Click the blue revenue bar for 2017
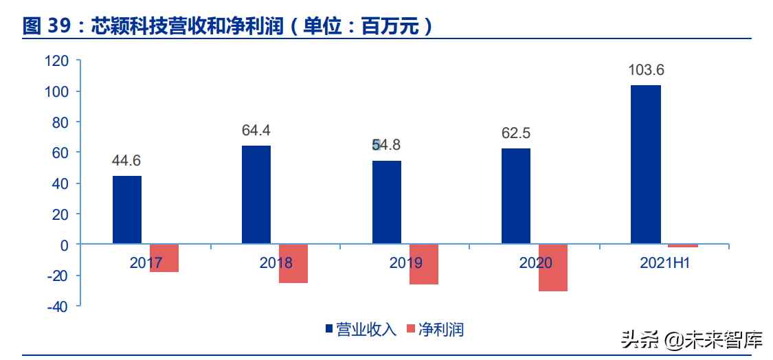[127, 210]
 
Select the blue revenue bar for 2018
[256, 194]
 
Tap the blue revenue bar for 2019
[386, 202]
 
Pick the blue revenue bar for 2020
[516, 196]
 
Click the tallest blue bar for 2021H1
[646, 164]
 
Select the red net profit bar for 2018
[293, 263]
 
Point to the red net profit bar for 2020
[553, 267]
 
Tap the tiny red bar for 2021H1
[683, 246]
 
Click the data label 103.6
[646, 70]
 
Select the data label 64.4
[256, 131]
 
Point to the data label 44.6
[127, 161]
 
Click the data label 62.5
[516, 133]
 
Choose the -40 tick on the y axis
[56, 306]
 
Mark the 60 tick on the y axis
[60, 153]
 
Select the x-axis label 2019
[405, 262]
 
